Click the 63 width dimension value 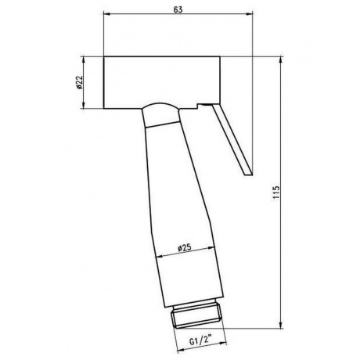click(x=178, y=9)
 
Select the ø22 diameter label click(x=79, y=83)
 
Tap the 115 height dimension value click(x=276, y=192)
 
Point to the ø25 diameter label click(x=185, y=247)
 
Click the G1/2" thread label click(x=200, y=341)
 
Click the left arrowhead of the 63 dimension click(x=106, y=13)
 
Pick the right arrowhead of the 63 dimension click(x=250, y=13)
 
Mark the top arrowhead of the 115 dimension click(x=281, y=59)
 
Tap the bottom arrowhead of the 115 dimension click(x=281, y=325)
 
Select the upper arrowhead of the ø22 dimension click(x=84, y=59)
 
